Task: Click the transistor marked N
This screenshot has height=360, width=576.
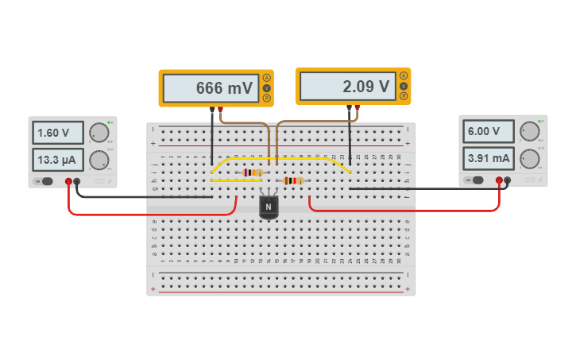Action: [x=269, y=207]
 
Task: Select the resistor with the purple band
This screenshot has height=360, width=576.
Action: [x=253, y=172]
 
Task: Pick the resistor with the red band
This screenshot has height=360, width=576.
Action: [x=292, y=180]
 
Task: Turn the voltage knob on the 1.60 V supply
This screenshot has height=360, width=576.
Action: [x=99, y=133]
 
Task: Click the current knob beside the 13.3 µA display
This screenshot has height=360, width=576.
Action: [x=99, y=160]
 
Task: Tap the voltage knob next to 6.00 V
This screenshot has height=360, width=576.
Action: [x=528, y=131]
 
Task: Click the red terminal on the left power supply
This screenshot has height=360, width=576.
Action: [x=68, y=182]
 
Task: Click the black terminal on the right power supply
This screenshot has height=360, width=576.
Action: [x=507, y=180]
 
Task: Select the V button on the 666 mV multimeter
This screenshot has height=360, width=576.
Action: [x=267, y=87]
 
